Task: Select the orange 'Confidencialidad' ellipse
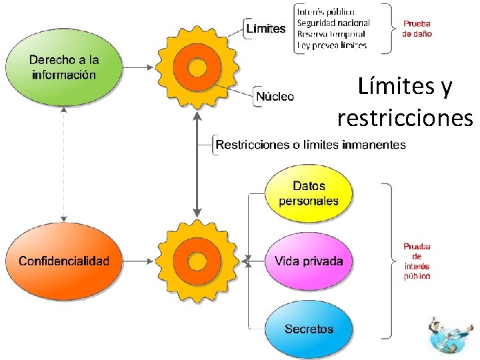pos(64,261)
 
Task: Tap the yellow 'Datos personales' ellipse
pos(309,194)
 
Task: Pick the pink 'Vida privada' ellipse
pos(309,261)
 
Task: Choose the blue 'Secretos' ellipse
pos(309,329)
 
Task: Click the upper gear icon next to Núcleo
pos(197,67)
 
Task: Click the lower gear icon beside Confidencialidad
pos(197,261)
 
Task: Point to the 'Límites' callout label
pos(266,29)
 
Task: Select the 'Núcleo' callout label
pos(275,96)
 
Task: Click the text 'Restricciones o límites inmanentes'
pos(311,144)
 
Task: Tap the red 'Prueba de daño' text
pos(417,29)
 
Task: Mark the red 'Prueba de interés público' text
pos(417,261)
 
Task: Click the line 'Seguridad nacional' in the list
pos(333,23)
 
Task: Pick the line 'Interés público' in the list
pos(326,11)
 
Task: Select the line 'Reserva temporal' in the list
pos(331,34)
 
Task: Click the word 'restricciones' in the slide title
pos(405,117)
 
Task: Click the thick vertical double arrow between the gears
pos(197,164)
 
